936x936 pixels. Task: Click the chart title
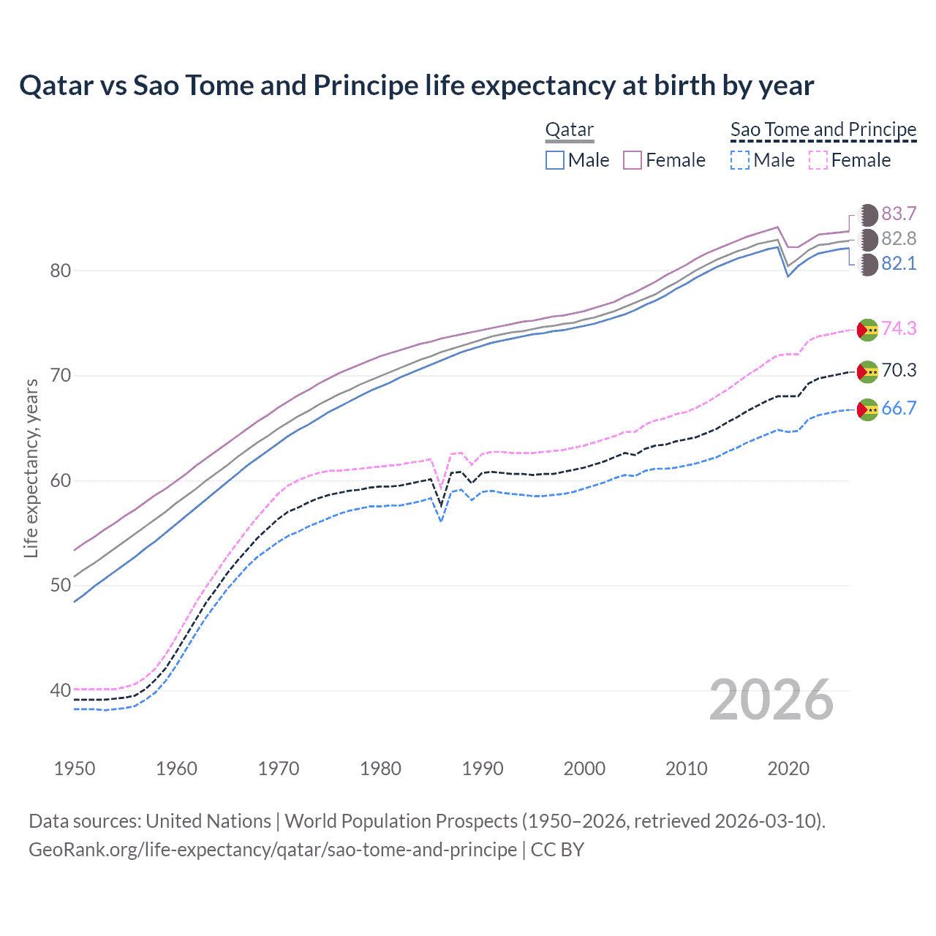point(416,86)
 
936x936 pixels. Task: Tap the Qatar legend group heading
point(570,129)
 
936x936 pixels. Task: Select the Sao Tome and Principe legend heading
point(823,129)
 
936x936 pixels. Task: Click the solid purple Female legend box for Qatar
point(633,160)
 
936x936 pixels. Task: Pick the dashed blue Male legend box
point(740,160)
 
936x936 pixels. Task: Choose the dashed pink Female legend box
point(818,160)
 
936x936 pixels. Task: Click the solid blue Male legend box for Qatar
point(555,160)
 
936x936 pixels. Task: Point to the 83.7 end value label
point(899,214)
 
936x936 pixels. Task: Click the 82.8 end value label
point(899,238)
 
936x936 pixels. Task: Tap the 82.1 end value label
point(899,263)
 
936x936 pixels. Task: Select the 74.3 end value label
point(899,328)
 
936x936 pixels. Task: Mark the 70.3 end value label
point(899,370)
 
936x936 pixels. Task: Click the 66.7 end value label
point(899,408)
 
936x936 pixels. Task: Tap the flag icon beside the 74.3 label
point(867,330)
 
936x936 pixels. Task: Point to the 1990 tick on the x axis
point(483,769)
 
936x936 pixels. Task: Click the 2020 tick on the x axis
point(788,769)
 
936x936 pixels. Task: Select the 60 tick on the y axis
point(61,480)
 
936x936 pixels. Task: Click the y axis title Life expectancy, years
point(31,468)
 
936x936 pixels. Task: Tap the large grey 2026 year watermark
point(771,701)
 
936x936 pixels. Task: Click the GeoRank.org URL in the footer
point(273,850)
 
